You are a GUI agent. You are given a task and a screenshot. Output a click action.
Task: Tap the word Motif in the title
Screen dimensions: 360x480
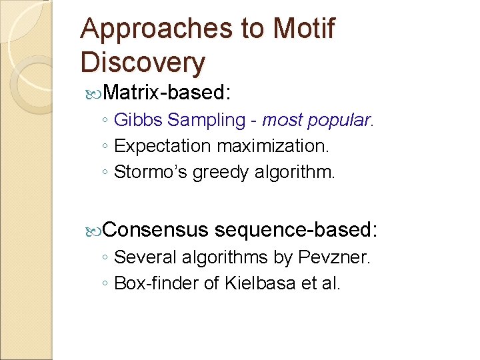(304, 29)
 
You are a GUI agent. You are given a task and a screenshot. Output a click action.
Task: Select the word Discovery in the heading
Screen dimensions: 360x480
(143, 62)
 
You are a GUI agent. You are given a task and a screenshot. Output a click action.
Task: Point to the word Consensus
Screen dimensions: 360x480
(156, 229)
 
